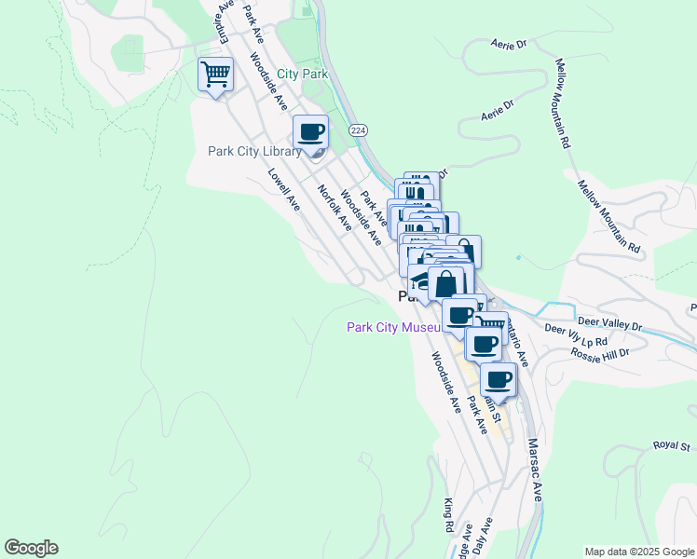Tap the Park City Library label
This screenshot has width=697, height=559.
tap(254, 152)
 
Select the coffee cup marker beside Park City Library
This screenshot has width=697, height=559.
tap(310, 133)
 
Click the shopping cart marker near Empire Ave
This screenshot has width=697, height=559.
tap(215, 74)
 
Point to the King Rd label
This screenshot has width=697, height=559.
tap(449, 513)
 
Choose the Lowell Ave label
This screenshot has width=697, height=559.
tap(283, 189)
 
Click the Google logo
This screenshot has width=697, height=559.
tap(31, 548)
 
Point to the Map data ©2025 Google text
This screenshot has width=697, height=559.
tap(639, 552)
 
